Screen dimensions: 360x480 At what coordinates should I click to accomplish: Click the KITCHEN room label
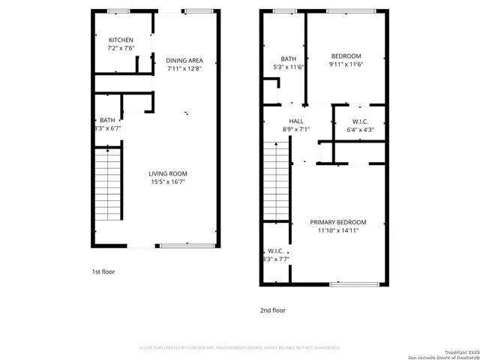pyautogui.click(x=121, y=40)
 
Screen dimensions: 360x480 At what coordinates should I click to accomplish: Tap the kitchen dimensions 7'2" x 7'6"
pyautogui.click(x=121, y=49)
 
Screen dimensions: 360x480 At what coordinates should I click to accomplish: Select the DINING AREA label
pyautogui.click(x=184, y=61)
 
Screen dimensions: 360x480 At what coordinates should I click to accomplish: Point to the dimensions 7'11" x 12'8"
pyautogui.click(x=184, y=69)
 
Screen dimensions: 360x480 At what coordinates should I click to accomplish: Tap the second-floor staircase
pyautogui.click(x=277, y=181)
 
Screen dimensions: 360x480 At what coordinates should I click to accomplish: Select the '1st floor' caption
pyautogui.click(x=103, y=271)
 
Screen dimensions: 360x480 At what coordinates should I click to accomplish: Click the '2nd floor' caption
pyautogui.click(x=273, y=310)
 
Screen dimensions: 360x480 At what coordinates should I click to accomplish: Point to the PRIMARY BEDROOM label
pyautogui.click(x=338, y=222)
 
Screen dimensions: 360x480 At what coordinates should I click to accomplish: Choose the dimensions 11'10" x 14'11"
pyautogui.click(x=338, y=230)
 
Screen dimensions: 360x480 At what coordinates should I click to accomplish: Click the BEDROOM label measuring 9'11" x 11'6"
pyautogui.click(x=346, y=56)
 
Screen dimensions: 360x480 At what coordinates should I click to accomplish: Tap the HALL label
pyautogui.click(x=296, y=121)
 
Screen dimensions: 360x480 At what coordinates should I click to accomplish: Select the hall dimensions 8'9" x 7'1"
pyautogui.click(x=296, y=129)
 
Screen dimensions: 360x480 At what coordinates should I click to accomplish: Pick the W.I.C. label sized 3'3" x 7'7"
pyautogui.click(x=275, y=251)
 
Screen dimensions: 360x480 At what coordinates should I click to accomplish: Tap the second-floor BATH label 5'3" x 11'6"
pyautogui.click(x=289, y=59)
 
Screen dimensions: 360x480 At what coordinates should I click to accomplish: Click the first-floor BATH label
pyautogui.click(x=107, y=120)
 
